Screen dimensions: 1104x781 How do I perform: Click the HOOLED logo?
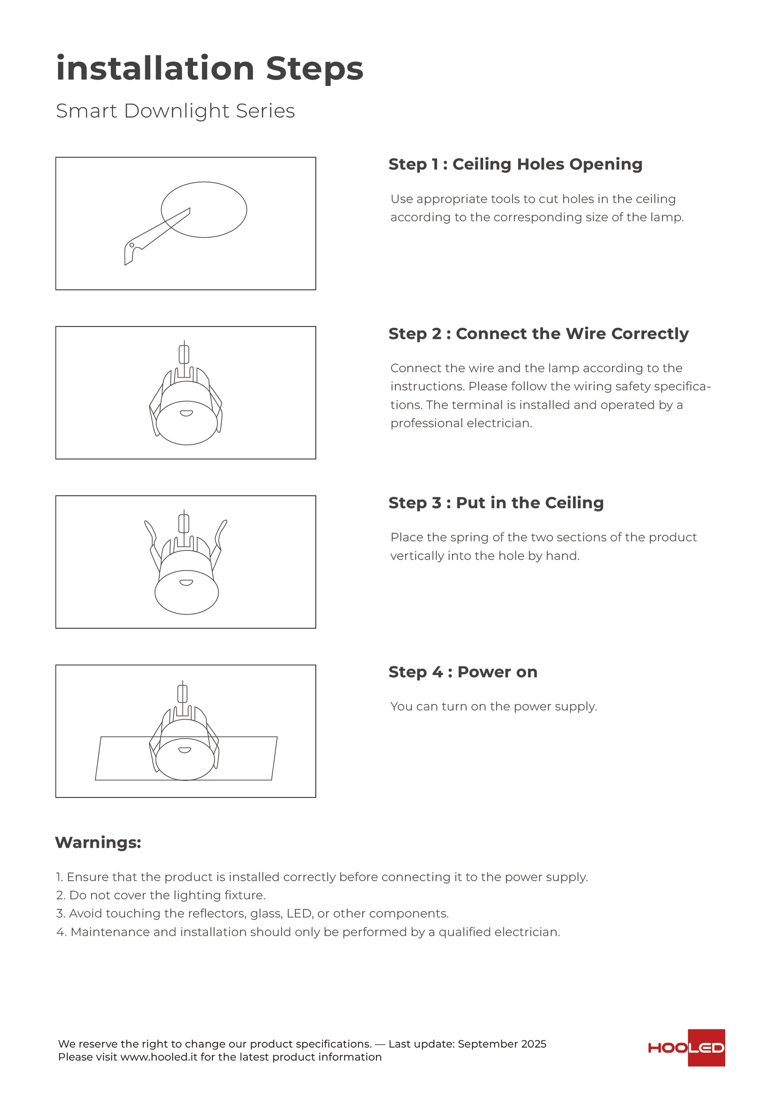pos(686,1048)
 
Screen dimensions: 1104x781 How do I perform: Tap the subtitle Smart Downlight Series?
pos(175,111)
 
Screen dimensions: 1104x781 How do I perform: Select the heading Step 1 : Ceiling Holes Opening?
pos(515,164)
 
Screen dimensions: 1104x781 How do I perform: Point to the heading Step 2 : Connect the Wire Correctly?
pos(538,334)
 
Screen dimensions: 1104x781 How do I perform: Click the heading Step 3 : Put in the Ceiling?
pos(496,503)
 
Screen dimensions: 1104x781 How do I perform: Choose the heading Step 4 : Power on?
pos(463,672)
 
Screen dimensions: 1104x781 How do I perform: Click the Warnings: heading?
pos(98,842)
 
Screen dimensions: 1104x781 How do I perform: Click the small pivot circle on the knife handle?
pos(132,245)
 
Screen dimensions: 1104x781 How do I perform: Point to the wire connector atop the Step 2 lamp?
pos(184,354)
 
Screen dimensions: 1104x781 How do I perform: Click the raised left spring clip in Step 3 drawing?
pos(151,533)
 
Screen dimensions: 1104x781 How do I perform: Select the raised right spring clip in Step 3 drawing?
pos(221,533)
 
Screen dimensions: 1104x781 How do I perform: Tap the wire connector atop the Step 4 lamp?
pos(182,694)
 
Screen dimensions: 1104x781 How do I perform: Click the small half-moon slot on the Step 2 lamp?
pos(186,413)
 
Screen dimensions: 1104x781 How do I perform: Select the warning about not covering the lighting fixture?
pos(161,895)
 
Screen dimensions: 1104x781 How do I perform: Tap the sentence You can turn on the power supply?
pos(493,706)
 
